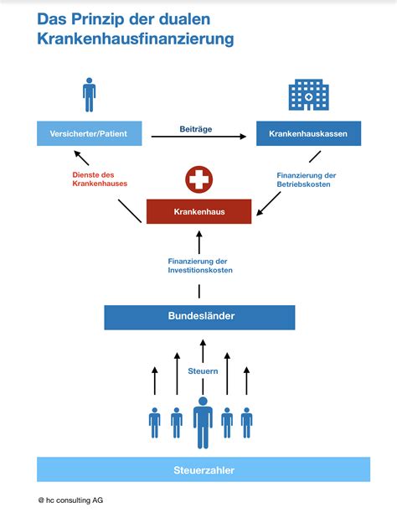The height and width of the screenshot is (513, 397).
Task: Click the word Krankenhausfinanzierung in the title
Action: point(135,39)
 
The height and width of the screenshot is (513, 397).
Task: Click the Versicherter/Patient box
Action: point(90,133)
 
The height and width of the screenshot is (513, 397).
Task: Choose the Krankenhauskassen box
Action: point(308,134)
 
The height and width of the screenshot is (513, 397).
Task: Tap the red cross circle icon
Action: point(198,179)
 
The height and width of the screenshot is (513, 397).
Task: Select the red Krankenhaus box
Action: point(198,211)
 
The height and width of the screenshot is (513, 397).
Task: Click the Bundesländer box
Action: point(199,317)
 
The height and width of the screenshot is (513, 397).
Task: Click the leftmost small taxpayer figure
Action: point(154,422)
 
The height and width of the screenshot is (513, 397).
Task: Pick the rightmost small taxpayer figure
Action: point(246,422)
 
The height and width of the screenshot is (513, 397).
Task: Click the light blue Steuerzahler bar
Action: point(203,469)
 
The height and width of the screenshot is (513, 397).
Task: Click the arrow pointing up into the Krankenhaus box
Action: point(199,242)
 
